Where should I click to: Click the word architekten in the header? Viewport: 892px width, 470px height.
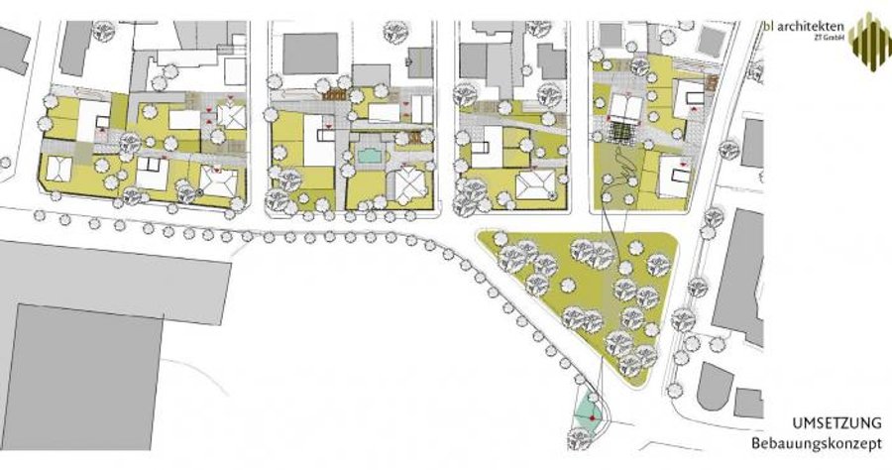click(811, 26)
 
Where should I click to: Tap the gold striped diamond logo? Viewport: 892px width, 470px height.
click(870, 42)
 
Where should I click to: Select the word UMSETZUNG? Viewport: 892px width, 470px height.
click(836, 423)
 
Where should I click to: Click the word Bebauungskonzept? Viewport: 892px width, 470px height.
click(817, 443)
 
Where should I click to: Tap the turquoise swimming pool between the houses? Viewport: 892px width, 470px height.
click(370, 156)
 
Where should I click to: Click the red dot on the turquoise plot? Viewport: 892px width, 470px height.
click(593, 418)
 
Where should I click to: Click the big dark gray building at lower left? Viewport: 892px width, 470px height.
click(82, 376)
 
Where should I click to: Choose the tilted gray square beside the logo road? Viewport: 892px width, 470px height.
click(711, 40)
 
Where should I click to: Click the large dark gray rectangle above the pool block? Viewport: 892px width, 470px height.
click(310, 54)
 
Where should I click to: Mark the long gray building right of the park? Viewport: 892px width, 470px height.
click(739, 277)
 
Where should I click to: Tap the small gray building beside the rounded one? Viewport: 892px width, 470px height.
click(748, 403)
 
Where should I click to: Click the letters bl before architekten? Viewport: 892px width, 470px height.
click(768, 26)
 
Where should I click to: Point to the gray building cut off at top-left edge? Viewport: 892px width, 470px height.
click(13, 50)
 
